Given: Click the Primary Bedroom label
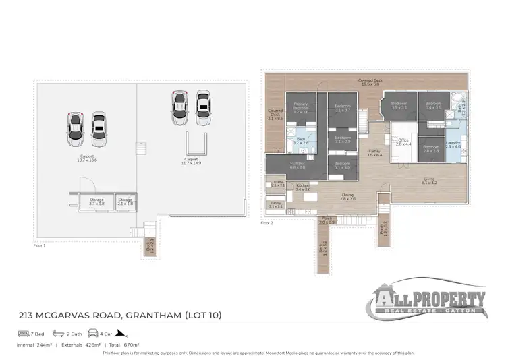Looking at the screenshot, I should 301,108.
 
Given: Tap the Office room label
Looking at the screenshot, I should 403,142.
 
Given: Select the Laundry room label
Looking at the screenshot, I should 453,145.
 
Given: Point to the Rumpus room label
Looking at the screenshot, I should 298,165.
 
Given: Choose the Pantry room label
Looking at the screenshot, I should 275,204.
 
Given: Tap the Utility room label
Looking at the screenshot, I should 278,183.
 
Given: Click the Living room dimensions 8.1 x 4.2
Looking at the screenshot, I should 429,183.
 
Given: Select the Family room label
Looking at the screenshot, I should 374,154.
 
